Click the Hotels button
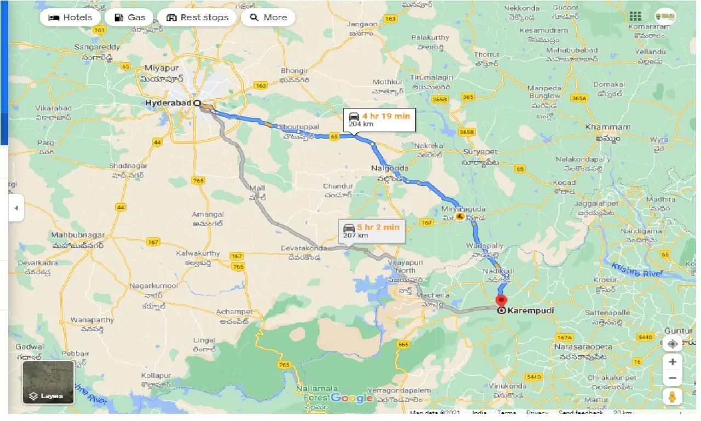coord(70,18)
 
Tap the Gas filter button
coord(130,18)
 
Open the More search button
coord(268,18)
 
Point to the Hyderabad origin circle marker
coord(197,103)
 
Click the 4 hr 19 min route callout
coord(379,120)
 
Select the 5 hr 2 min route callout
coord(372,231)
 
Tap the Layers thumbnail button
coord(48,382)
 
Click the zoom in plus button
coord(672,362)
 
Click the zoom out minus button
coord(672,378)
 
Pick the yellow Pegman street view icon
coord(672,396)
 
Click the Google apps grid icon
coord(635,16)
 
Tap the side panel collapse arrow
coord(16,208)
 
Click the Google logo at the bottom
coord(351,399)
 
